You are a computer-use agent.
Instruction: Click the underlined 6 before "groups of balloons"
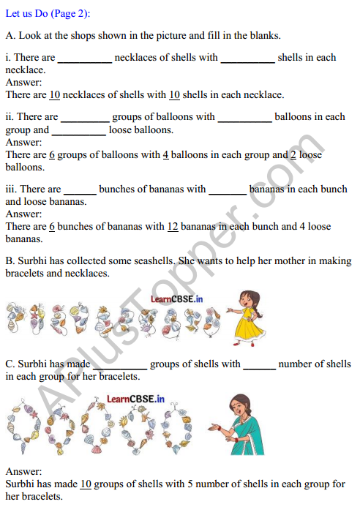pyautogui.click(x=52, y=155)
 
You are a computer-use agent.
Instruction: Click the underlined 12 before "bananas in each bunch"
pyautogui.click(x=173, y=227)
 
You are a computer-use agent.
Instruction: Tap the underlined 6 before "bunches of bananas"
pyautogui.click(x=52, y=227)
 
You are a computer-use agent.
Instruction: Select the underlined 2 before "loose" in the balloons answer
pyautogui.click(x=293, y=155)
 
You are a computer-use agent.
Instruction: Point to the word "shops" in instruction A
pyautogui.click(x=83, y=35)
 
